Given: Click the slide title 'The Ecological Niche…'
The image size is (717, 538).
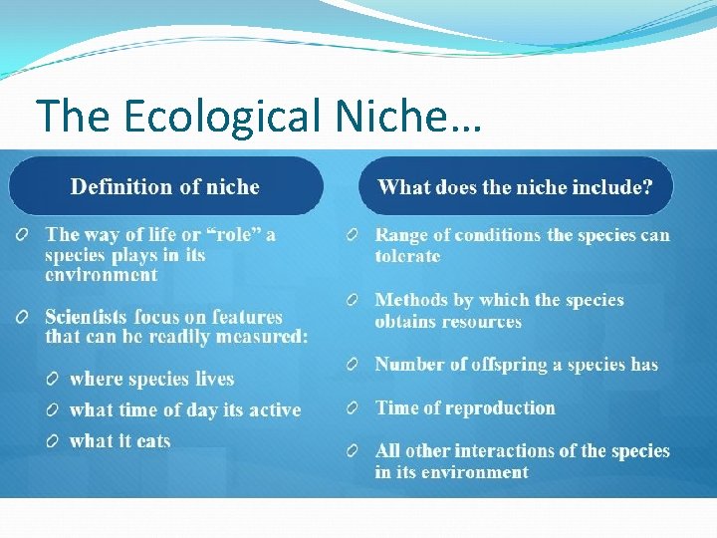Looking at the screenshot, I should tap(258, 116).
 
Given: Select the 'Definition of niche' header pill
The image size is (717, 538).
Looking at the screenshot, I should tap(165, 186).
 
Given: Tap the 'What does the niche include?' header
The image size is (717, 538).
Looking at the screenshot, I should tap(515, 186).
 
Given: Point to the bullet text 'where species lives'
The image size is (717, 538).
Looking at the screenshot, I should tap(151, 379).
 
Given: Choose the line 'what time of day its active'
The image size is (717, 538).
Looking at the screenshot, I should tap(184, 409).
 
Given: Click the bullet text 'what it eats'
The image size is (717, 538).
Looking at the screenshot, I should tap(119, 440).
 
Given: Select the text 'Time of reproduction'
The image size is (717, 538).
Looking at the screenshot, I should tap(465, 407).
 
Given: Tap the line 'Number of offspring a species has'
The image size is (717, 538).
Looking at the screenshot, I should tap(516, 365).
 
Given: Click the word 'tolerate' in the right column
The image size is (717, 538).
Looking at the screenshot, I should tap(407, 256).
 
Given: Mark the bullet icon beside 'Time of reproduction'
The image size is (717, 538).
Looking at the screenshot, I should tap(353, 408).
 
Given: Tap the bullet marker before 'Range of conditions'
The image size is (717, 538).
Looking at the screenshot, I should tap(353, 236).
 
